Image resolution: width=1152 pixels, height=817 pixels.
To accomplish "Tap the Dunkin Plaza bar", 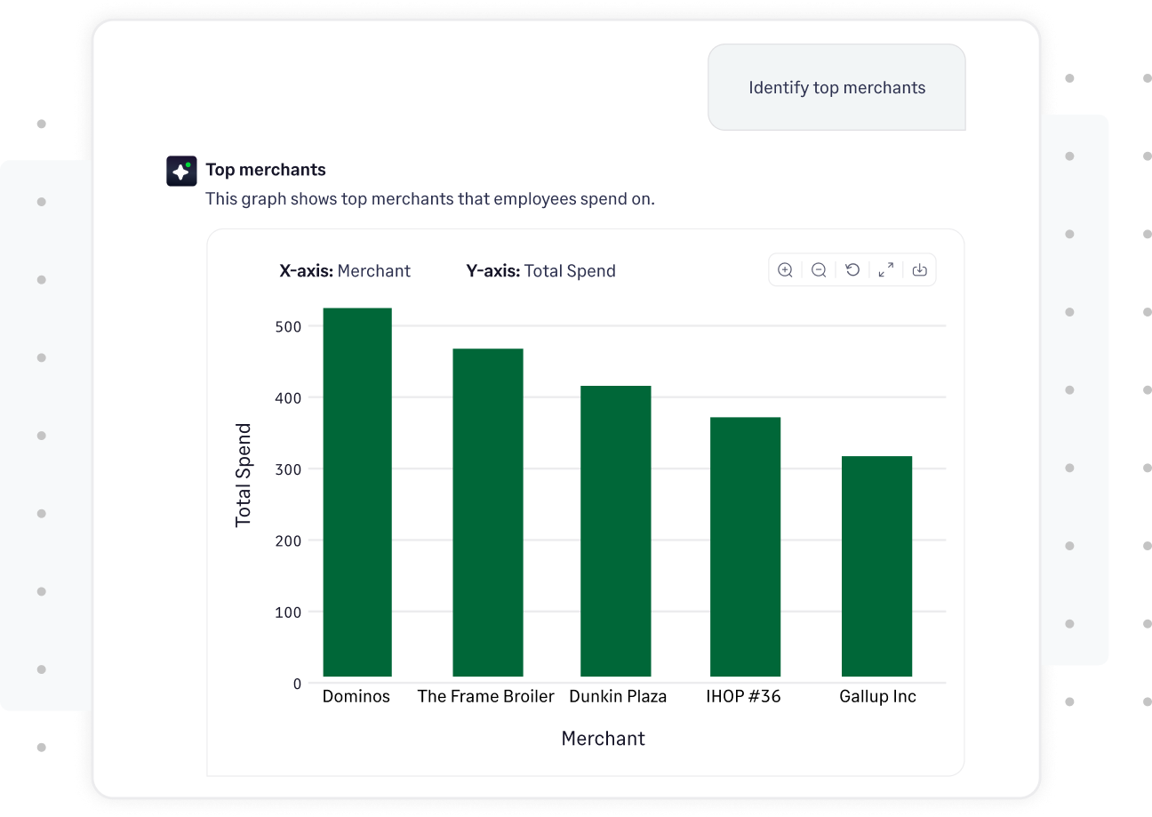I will coord(616,531).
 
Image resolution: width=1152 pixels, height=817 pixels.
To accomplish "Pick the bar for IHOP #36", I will coord(745,547).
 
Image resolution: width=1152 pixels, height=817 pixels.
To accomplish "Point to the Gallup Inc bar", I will coord(876,566).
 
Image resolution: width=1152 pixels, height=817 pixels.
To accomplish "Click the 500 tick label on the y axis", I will coord(289,326).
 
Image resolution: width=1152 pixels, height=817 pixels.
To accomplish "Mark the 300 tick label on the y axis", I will coord(289,469).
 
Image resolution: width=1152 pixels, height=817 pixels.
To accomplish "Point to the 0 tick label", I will coord(297,684).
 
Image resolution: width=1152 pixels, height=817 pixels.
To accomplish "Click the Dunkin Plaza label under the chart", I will coord(618,696).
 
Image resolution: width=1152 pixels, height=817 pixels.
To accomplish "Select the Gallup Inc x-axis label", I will coord(877,696).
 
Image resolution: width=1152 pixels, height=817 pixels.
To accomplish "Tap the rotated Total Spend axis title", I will coord(244,475).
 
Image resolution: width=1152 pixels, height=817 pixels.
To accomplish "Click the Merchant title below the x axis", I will coord(603,739).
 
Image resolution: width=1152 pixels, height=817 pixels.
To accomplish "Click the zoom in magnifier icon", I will coord(785,270).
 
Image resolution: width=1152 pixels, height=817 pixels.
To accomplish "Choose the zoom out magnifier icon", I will coord(819,270).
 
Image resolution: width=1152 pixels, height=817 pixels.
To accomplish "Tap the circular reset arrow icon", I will coord(852,270).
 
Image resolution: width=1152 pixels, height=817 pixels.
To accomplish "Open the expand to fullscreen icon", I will coord(886,270).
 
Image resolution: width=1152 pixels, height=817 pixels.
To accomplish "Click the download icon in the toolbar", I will coord(919,270).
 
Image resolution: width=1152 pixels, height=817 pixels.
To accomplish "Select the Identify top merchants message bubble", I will coord(836,87).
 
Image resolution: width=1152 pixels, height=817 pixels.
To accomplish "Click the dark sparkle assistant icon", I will coord(181,171).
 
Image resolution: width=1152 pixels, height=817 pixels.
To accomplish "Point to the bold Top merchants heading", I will coord(266,170).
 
